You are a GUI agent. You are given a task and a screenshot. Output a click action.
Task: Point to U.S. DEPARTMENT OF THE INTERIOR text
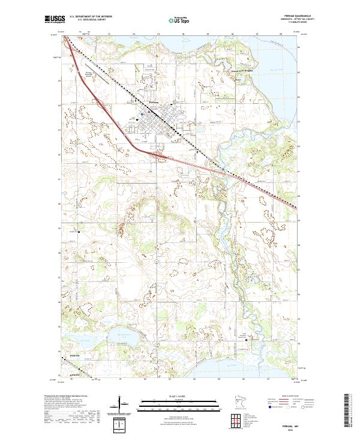(91, 17)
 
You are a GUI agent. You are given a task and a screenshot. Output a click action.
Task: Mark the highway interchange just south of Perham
(158, 155)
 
